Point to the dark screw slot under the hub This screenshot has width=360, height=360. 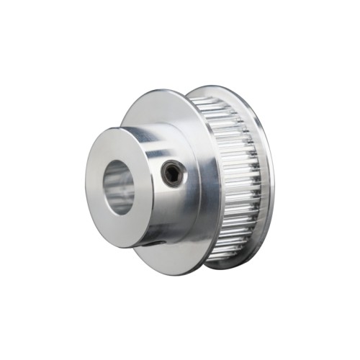pos(150,242)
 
